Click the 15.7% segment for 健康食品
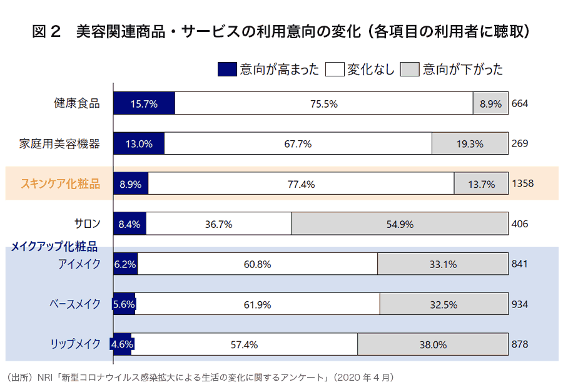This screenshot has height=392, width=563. click(144, 103)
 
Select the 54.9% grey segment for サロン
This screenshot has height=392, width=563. click(400, 224)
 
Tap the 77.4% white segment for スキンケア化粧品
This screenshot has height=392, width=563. click(301, 183)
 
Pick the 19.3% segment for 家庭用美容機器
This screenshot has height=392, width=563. click(470, 143)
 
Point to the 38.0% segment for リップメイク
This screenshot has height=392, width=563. click(433, 344)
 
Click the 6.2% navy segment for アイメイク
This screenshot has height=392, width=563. click(125, 264)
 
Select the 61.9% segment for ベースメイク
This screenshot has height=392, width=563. click(257, 304)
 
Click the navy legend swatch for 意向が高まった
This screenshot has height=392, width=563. click(227, 69)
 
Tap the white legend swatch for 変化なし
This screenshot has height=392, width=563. click(335, 69)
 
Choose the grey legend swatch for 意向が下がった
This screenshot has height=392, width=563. click(410, 69)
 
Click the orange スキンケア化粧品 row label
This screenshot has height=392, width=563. click(60, 183)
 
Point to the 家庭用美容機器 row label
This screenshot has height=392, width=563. click(59, 143)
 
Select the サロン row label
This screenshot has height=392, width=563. click(87, 224)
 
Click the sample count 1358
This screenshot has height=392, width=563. click(522, 183)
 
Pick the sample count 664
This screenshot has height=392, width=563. click(520, 103)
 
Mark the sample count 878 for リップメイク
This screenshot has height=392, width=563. click(520, 344)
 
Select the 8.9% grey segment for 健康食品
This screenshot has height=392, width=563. click(491, 103)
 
